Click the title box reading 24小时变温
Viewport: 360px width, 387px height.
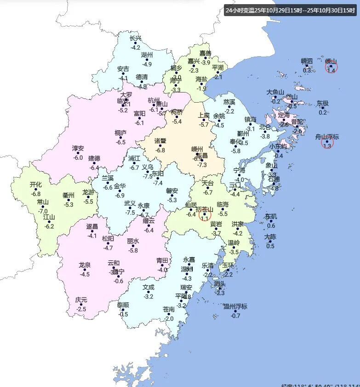click(290, 10)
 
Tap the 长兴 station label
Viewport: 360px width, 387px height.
click(136, 39)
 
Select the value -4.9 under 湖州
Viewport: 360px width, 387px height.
click(147, 64)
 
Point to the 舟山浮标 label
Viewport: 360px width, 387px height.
click(327, 137)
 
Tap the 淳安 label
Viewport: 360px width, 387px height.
click(78, 149)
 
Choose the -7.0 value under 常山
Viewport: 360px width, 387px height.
click(43, 211)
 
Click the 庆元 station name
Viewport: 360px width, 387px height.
click(81, 300)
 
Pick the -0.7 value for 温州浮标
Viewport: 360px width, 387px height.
click(235, 316)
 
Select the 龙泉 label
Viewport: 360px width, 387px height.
click(85, 265)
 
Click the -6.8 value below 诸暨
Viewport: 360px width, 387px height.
click(160, 150)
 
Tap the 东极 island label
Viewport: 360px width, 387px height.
click(323, 104)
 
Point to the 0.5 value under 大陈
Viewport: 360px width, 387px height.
click(270, 246)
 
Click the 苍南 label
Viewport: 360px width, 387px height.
click(169, 309)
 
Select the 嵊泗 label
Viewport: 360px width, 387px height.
click(307, 61)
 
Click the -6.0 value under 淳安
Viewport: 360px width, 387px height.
click(78, 158)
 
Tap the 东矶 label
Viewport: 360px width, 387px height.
click(271, 216)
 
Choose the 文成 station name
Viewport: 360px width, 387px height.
click(149, 287)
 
